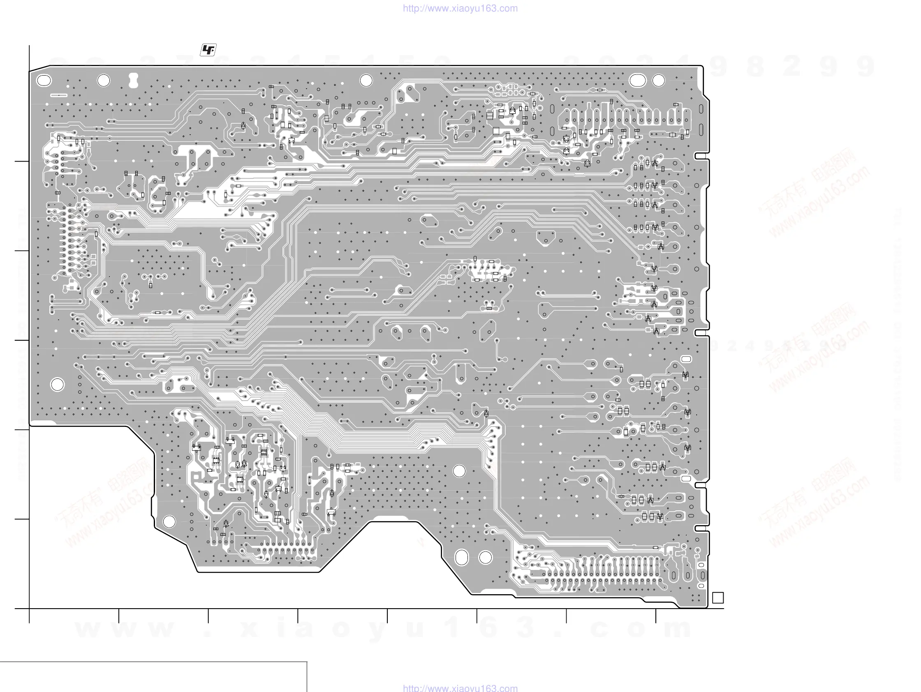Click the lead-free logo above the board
tap(208, 50)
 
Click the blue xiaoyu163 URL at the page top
tap(460, 8)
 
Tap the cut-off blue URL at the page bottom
tap(460, 688)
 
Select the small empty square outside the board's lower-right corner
tap(718, 597)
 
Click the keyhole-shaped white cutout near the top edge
tap(133, 80)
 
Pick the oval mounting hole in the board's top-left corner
tap(44, 80)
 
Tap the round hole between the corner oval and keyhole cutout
tap(103, 80)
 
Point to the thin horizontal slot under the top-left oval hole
tap(59, 95)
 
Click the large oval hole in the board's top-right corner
tap(637, 80)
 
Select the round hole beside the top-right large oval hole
tap(658, 80)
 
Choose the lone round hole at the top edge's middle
tap(366, 80)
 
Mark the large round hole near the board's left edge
tap(58, 385)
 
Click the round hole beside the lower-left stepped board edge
tap(169, 521)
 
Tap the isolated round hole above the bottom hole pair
tap(459, 471)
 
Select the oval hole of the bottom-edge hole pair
tap(461, 557)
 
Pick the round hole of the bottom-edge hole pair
tap(486, 557)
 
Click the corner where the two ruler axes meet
tap(29, 608)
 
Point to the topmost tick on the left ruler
tap(22, 161)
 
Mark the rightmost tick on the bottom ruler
tap(656, 616)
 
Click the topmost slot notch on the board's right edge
tap(701, 156)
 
